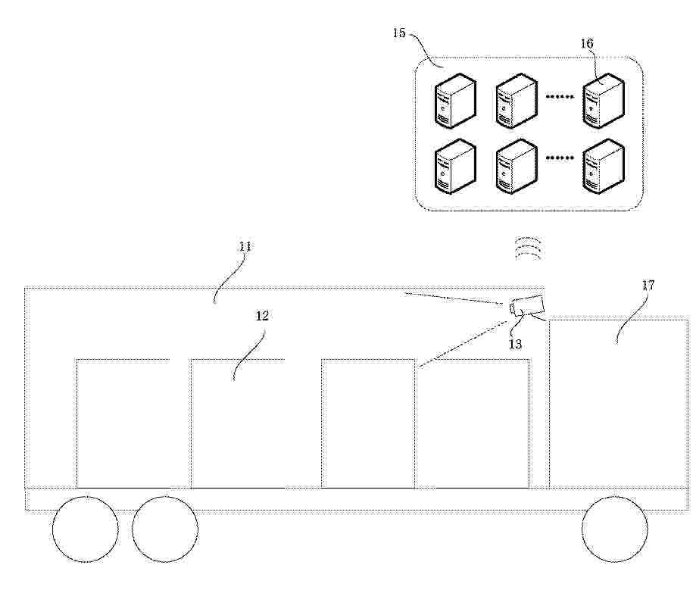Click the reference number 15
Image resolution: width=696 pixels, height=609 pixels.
399,33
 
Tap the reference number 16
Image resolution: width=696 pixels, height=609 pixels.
586,43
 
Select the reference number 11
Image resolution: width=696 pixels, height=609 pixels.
245,246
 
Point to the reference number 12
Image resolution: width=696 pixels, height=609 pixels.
262,316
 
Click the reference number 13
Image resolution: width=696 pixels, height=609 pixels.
515,344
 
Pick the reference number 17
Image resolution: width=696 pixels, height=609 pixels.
648,286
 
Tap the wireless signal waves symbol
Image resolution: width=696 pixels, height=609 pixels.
529,248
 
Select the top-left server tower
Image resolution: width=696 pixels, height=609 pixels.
455,101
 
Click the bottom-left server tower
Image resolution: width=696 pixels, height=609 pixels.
455,167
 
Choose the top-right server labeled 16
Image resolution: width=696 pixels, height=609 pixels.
604,101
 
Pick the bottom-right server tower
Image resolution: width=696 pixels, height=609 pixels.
604,167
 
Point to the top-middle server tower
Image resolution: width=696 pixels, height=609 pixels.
517,101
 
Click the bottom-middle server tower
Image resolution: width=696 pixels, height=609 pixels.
517,167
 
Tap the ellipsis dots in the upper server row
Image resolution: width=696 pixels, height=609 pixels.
559,96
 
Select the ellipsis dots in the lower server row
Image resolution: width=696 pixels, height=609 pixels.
559,158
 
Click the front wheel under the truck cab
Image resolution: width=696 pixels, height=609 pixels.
615,529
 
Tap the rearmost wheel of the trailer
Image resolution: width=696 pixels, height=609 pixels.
86,529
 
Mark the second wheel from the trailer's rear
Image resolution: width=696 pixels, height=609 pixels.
165,529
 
